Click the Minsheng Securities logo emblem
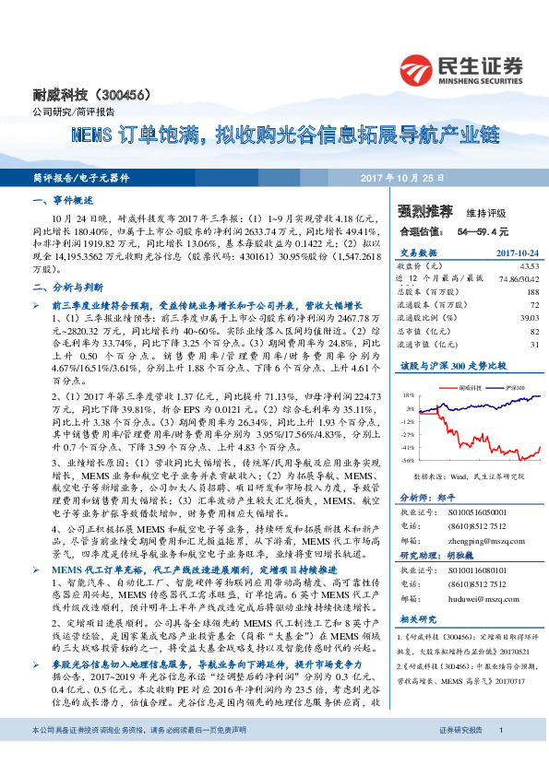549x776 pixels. [x=418, y=68]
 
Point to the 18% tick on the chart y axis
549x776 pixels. [x=409, y=395]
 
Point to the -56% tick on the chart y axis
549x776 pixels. [x=408, y=458]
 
